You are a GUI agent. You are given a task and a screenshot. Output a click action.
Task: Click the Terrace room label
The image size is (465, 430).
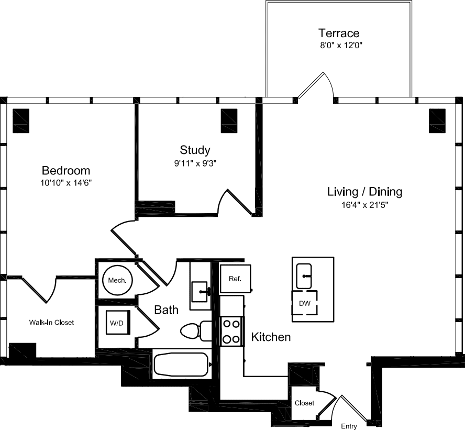(x=340, y=33)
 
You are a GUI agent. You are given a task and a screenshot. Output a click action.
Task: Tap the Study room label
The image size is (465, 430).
(x=195, y=150)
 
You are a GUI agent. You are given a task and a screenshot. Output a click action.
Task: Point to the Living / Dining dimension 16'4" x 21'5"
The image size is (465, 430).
(x=364, y=205)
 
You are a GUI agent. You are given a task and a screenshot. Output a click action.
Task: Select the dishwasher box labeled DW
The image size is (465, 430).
(x=305, y=303)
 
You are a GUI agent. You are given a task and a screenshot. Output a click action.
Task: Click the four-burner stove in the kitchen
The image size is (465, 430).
(x=231, y=331)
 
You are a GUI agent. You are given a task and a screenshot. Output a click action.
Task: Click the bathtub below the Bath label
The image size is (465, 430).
(x=181, y=363)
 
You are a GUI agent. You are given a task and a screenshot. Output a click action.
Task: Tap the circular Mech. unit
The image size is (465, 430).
(x=117, y=281)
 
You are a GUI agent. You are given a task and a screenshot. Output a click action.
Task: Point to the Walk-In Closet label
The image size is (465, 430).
(x=51, y=323)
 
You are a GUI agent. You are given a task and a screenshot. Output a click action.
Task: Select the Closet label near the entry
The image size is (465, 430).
(x=304, y=403)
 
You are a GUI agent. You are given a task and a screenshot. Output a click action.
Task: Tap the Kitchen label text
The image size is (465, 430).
(x=271, y=337)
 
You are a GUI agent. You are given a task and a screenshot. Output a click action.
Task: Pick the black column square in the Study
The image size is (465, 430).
(x=229, y=120)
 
